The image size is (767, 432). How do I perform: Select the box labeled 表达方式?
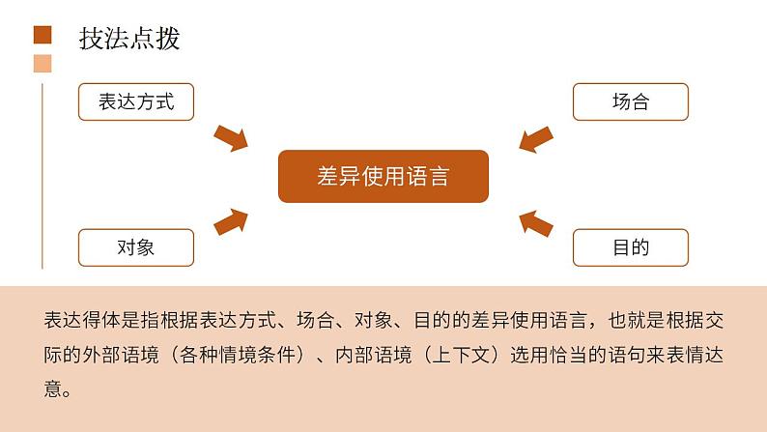tap(136, 102)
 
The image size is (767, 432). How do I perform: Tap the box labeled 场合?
tap(630, 102)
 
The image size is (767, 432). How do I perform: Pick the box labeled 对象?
tap(136, 247)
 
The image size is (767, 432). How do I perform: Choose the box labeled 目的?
tap(630, 247)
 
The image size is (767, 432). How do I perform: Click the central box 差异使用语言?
tap(383, 176)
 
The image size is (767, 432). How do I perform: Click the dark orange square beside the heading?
tap(42, 37)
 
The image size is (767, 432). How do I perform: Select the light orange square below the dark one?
tap(42, 65)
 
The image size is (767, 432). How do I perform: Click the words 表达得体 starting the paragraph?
tap(82, 320)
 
